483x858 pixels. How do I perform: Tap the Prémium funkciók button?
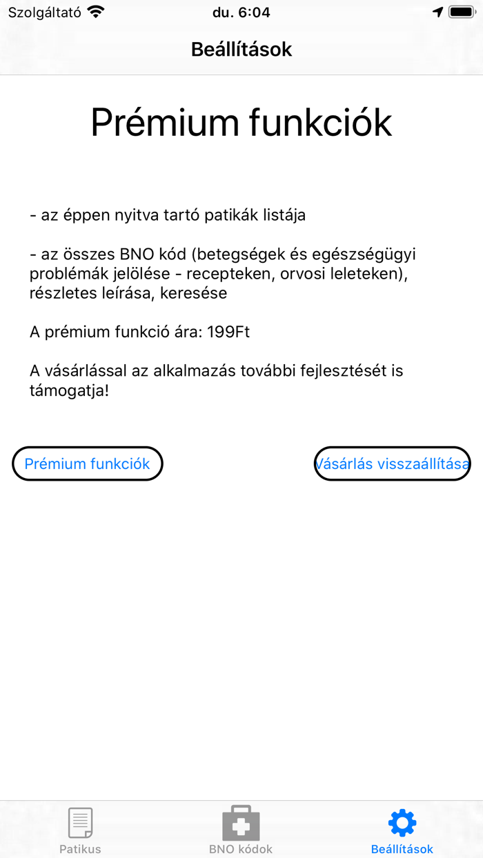pos(87,463)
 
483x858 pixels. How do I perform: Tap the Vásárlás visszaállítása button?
pos(393,463)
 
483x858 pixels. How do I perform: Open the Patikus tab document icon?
pos(80,822)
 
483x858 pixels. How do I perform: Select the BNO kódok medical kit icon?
pos(241,822)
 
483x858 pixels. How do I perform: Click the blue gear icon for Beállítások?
pos(402,822)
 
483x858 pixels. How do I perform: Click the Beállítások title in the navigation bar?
pos(241,50)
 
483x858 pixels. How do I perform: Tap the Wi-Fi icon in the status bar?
pos(96,12)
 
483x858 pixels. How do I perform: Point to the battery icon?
pos(462,12)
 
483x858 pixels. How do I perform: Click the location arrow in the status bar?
pos(437,12)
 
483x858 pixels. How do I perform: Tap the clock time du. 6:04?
pos(241,12)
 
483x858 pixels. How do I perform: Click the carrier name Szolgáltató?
pos(45,12)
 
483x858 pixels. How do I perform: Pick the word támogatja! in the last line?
pos(69,390)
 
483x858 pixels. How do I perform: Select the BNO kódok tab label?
pos(241,849)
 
